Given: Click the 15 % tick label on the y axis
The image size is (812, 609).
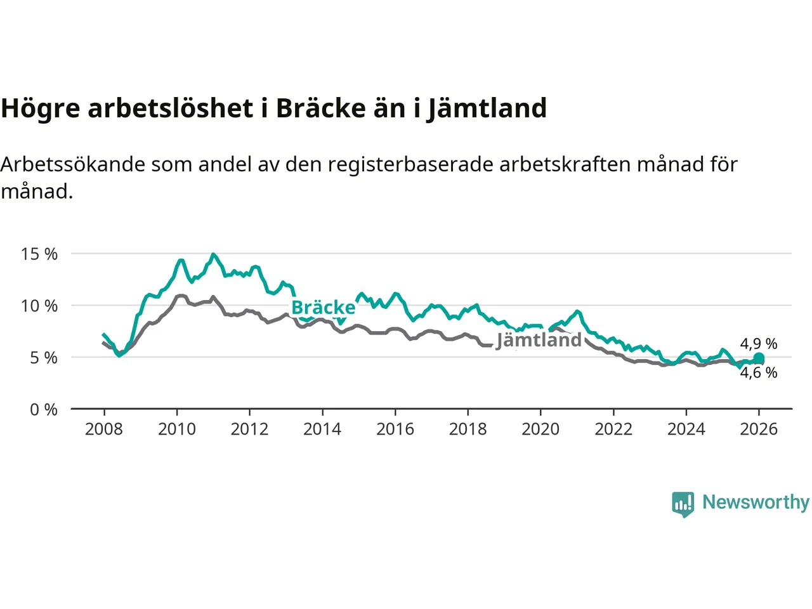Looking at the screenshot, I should click(x=39, y=254).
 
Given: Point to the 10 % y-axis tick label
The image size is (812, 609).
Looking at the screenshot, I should click(x=39, y=306).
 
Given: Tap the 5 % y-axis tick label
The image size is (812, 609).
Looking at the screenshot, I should click(x=43, y=358).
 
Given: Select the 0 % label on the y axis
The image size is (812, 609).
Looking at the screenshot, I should click(x=43, y=410).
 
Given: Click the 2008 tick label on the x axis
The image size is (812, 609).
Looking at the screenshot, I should click(x=104, y=429).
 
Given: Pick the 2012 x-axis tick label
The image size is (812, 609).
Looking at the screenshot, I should click(x=249, y=429).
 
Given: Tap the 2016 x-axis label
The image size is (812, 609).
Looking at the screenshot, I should click(x=395, y=429).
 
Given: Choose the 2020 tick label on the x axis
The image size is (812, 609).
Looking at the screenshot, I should click(x=540, y=429).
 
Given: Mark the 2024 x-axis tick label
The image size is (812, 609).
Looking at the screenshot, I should click(x=686, y=429).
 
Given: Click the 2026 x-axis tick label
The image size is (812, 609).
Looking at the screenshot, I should click(x=759, y=429).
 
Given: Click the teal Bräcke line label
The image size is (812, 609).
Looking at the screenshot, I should click(x=323, y=308).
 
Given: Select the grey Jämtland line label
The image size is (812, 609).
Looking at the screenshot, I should click(x=539, y=340).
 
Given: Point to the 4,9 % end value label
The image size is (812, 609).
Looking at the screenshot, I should click(x=759, y=344).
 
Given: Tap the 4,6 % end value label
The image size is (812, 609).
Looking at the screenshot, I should click(x=759, y=373).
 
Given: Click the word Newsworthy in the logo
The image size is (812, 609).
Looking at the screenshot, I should click(x=756, y=502).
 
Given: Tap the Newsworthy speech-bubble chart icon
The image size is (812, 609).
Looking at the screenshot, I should click(x=683, y=504).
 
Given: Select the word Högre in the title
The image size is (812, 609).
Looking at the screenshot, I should click(x=41, y=108).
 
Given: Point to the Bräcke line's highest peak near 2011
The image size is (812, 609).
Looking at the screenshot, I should click(x=213, y=254).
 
